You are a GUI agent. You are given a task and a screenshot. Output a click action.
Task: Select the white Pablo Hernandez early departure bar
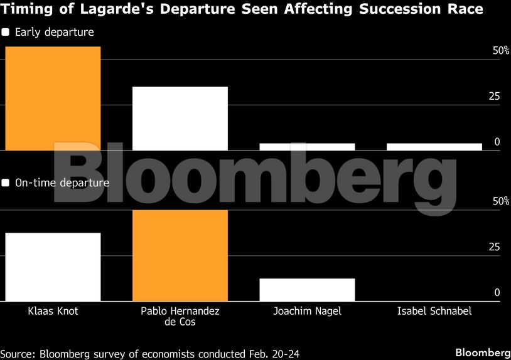(x=180, y=119)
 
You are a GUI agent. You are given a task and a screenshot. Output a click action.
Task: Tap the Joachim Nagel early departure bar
(x=307, y=147)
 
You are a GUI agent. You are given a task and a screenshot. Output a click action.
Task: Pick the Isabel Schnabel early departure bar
(x=434, y=147)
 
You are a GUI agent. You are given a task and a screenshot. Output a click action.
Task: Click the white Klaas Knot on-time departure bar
(x=53, y=267)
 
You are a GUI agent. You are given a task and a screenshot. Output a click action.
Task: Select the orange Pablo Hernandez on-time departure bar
(x=180, y=256)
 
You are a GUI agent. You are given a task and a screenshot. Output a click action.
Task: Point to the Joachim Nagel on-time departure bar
(x=307, y=290)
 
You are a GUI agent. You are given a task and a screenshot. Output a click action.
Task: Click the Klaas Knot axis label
(x=53, y=311)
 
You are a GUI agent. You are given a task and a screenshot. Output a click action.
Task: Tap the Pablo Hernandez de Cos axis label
(x=180, y=316)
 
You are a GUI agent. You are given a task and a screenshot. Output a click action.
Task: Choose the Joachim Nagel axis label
(x=307, y=311)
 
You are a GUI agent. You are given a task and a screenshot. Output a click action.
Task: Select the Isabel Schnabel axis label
(x=434, y=311)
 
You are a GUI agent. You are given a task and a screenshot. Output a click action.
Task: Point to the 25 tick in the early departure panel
(x=495, y=97)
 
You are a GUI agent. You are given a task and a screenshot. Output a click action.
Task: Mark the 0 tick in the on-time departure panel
(x=497, y=293)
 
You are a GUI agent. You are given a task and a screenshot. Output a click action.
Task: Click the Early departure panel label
(x=54, y=32)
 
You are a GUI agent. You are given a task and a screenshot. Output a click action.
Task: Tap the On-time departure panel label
(x=62, y=183)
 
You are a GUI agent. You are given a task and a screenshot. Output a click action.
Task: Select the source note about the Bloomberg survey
(x=150, y=354)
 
